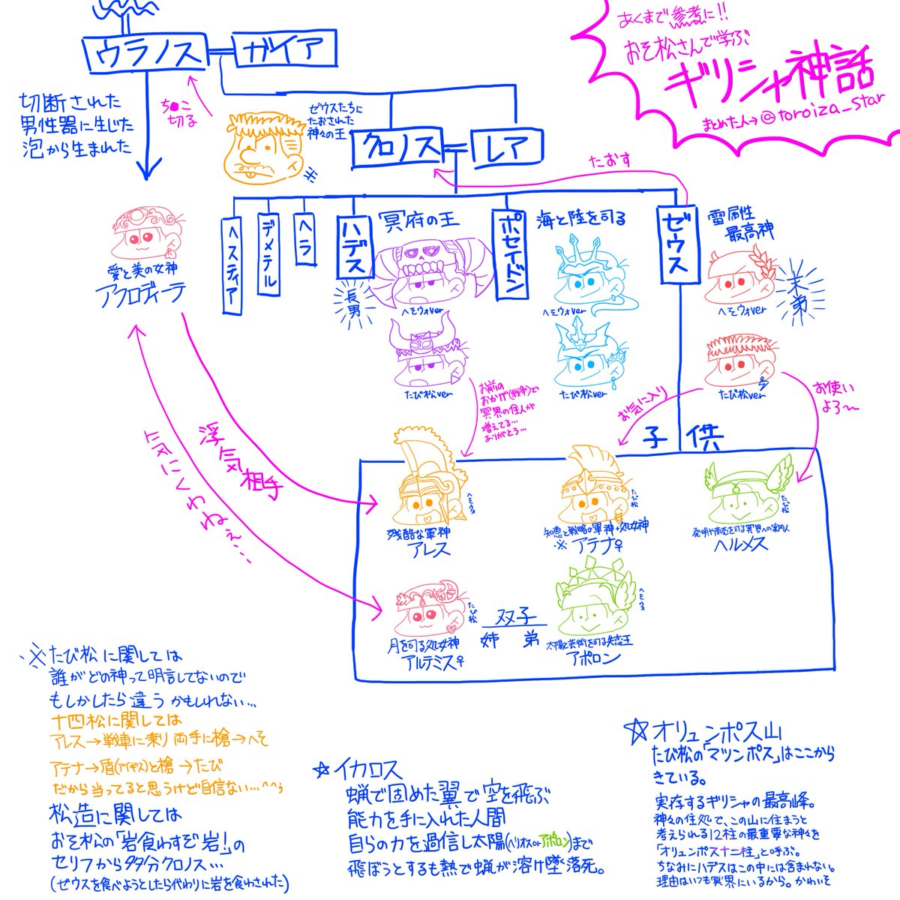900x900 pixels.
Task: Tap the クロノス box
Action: pos(401,148)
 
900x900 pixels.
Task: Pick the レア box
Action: pos(505,148)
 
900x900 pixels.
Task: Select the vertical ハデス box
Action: pos(354,247)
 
